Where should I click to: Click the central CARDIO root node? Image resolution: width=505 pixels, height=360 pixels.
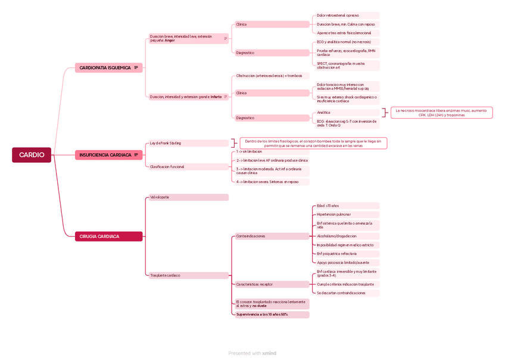(32, 155)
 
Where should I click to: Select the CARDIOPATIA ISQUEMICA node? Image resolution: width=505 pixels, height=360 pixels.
(105, 68)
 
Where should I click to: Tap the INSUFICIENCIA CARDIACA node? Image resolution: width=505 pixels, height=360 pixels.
(105, 155)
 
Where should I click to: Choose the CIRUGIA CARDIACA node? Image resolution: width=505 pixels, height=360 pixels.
(99, 237)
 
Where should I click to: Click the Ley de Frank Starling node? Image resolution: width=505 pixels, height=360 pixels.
(188, 143)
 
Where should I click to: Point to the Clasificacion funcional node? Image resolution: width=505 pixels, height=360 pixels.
(188, 167)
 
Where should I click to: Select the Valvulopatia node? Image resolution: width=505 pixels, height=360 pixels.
(188, 197)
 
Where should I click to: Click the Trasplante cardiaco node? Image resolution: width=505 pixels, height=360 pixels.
(188, 275)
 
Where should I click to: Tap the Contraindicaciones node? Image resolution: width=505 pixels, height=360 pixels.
(272, 236)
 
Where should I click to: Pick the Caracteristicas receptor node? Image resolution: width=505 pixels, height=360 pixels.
(272, 284)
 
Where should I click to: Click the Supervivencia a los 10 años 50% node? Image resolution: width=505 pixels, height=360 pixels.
(272, 315)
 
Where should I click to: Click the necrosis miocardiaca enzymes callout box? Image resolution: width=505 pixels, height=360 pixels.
(441, 113)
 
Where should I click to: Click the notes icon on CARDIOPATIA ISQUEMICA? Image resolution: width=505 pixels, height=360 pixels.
(136, 68)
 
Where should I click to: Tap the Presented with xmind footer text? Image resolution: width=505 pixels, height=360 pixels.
(253, 353)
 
